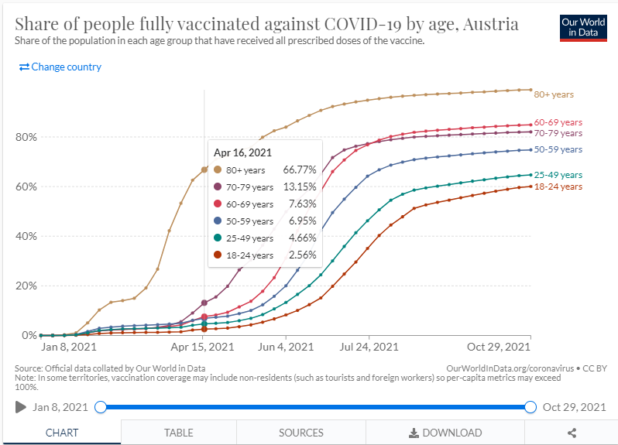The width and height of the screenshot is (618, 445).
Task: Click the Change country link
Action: pos(60,67)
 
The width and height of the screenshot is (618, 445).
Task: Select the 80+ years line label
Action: pos(554,94)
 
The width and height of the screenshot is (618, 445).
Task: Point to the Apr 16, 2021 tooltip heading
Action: pos(242,153)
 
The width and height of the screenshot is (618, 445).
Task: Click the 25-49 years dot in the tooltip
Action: pos(218,238)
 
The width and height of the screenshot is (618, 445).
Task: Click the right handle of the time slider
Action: pos(530,407)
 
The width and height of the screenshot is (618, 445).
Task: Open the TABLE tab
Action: pos(179,433)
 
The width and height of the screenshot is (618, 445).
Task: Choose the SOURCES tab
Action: pos(301,433)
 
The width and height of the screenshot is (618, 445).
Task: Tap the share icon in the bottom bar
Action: pos(572,433)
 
